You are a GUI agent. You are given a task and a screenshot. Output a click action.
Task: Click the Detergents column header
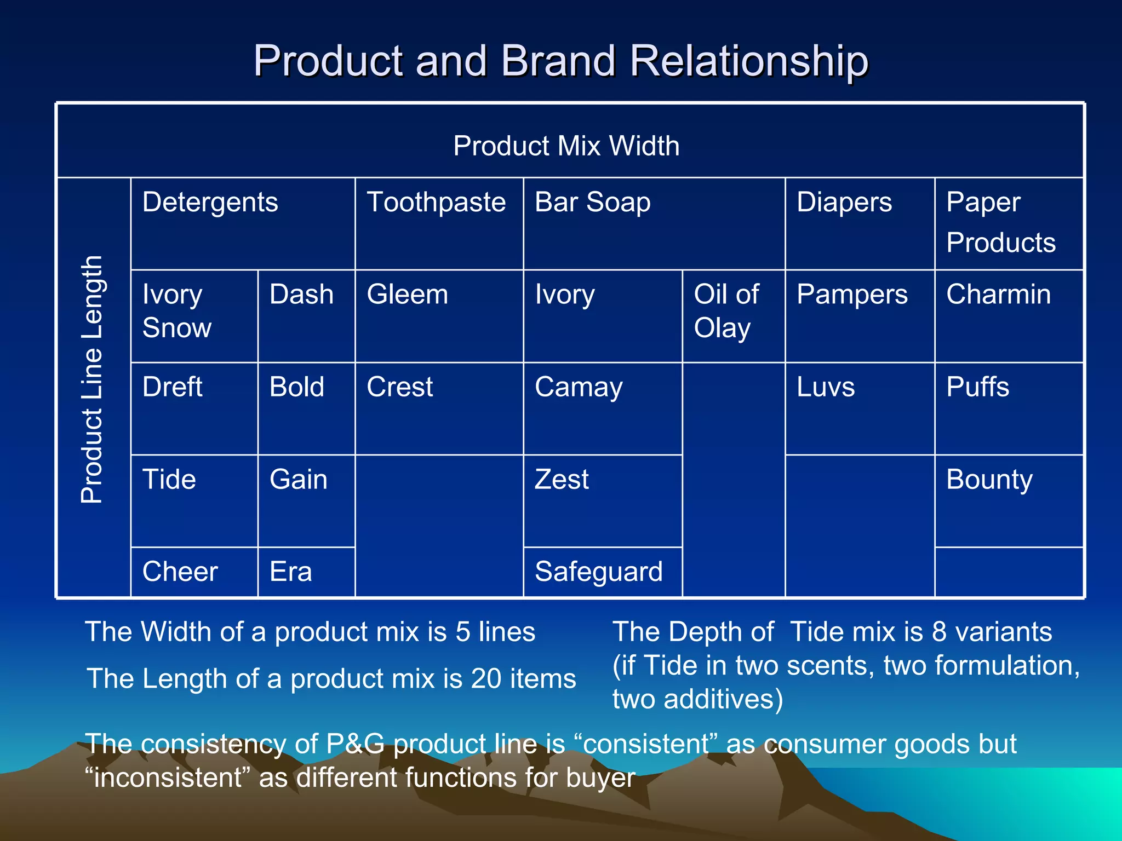pyautogui.click(x=210, y=202)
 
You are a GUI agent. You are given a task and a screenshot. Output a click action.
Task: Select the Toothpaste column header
pyautogui.click(x=436, y=202)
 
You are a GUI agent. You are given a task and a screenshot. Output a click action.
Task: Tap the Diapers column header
pyautogui.click(x=844, y=202)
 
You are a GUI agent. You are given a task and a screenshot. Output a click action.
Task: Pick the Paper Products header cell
pyautogui.click(x=1000, y=222)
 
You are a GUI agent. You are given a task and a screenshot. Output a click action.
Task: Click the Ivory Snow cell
pyautogui.click(x=177, y=311)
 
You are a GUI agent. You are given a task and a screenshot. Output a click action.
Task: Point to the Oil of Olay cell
pyautogui.click(x=726, y=311)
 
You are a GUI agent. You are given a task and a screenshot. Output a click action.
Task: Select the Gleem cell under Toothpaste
pyautogui.click(x=408, y=295)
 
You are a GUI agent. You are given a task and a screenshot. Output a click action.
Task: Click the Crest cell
pyautogui.click(x=400, y=387)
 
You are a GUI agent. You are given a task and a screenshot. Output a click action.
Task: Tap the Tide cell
pyautogui.click(x=169, y=480)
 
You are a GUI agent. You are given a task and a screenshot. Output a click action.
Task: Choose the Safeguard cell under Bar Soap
pyautogui.click(x=599, y=572)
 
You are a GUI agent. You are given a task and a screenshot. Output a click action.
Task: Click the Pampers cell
pyautogui.click(x=852, y=295)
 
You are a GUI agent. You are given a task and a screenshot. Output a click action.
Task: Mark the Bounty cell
pyautogui.click(x=989, y=480)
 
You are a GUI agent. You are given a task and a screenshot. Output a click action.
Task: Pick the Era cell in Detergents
pyautogui.click(x=291, y=572)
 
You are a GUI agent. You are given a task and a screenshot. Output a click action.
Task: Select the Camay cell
pyautogui.click(x=579, y=387)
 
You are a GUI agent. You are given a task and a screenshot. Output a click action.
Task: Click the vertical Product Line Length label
pyautogui.click(x=92, y=379)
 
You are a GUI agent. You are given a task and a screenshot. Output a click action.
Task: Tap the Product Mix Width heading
pyautogui.click(x=566, y=146)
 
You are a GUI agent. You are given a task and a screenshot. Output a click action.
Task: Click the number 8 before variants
pyautogui.click(x=939, y=632)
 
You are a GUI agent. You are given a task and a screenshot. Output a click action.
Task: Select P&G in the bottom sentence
pyautogui.click(x=355, y=744)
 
